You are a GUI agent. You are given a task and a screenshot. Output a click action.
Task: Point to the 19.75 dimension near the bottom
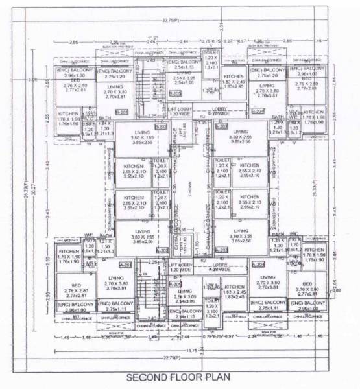click(173, 349)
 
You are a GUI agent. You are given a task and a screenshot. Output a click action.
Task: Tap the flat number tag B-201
click(122, 111)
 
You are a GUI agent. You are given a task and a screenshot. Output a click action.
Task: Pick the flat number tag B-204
click(258, 111)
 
